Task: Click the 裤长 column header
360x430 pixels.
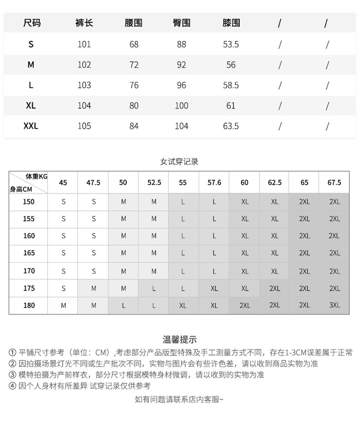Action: [x=84, y=23]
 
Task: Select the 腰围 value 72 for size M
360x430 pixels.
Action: [x=134, y=65]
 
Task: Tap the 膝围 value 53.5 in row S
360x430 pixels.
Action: [x=231, y=44]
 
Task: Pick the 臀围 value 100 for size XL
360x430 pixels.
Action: [x=181, y=106]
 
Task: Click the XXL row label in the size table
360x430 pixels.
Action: [x=31, y=126]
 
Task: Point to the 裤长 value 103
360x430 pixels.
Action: [x=84, y=85]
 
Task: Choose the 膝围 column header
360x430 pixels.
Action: [x=231, y=23]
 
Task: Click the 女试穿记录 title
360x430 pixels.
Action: [x=180, y=161]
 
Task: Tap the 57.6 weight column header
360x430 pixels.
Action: [x=215, y=183]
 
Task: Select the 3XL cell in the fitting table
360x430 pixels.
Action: [x=334, y=306]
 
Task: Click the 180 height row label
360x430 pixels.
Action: [x=29, y=306]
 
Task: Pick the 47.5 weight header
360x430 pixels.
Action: [x=93, y=183]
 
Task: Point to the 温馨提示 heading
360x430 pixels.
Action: [x=180, y=340]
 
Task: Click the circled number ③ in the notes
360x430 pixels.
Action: [x=12, y=375]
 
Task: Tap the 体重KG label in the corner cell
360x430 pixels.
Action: [x=36, y=176]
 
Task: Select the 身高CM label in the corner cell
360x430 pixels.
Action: [x=21, y=189]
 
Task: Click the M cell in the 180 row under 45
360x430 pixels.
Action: [x=64, y=306]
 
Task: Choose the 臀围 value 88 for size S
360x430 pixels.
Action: [x=181, y=44]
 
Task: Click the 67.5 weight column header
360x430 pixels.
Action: [x=334, y=183]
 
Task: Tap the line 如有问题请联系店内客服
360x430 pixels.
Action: [x=180, y=399]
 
